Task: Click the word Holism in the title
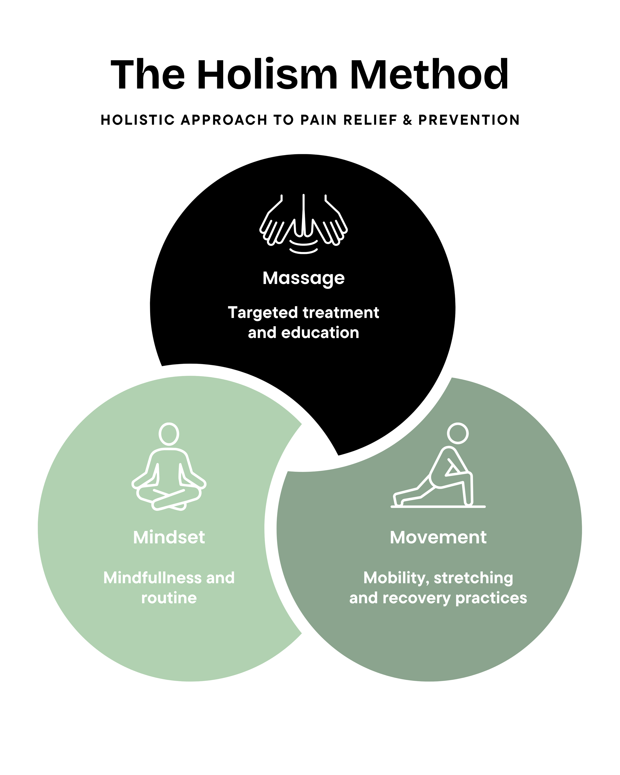(x=267, y=74)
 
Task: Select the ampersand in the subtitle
(x=407, y=120)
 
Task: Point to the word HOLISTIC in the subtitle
(x=138, y=120)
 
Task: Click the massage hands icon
(x=304, y=224)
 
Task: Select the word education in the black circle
(x=320, y=333)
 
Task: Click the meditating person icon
(x=169, y=466)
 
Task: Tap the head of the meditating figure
(x=169, y=434)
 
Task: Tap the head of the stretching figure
(x=458, y=433)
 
